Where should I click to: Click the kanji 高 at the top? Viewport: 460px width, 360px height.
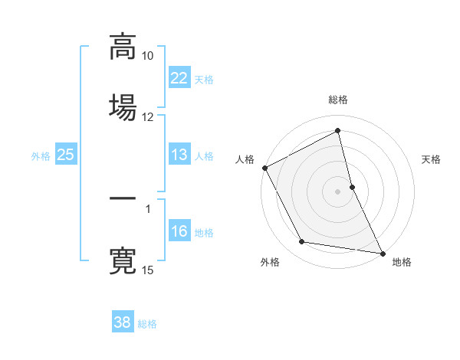point(123,46)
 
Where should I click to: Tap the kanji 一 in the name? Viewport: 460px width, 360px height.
point(123,199)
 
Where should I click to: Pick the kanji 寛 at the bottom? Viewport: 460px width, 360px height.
point(123,259)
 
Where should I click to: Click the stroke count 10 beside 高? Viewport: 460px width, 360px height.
point(148,56)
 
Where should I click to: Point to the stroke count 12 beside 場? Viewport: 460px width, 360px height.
point(148,116)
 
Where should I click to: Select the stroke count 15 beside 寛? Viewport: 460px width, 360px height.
point(148,270)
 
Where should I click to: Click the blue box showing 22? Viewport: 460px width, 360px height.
point(179,78)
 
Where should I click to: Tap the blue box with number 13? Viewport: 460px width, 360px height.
point(179,155)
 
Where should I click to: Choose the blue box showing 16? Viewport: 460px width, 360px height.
point(179,231)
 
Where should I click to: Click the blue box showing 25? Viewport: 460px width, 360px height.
point(65,155)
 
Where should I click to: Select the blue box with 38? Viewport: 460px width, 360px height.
point(123,322)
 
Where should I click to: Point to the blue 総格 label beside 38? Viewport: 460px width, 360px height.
point(147,324)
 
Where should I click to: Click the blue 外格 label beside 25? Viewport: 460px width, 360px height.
point(41,156)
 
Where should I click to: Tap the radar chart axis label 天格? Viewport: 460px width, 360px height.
point(432,159)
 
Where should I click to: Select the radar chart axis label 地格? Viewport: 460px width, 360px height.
point(402,262)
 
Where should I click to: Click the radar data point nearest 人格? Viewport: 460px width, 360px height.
point(264,168)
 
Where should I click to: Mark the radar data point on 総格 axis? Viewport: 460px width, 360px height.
point(338,132)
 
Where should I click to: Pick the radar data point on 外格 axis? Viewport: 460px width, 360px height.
point(301,243)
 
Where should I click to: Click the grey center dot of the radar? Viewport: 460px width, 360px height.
point(338,191)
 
